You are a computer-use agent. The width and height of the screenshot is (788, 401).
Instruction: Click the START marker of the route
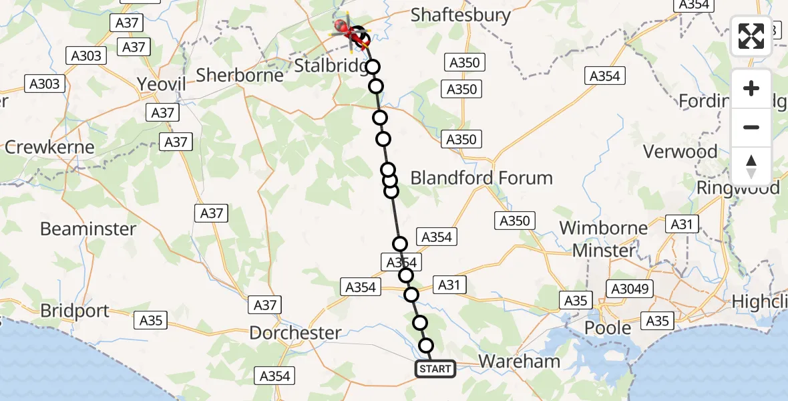tap(435, 368)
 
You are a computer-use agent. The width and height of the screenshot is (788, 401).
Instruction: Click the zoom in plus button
tap(751, 89)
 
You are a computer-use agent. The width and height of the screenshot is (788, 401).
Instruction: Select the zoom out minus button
tap(751, 128)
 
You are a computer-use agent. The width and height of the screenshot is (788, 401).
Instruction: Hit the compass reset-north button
tap(751, 166)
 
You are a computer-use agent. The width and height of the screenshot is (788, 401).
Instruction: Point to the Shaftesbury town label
tap(461, 15)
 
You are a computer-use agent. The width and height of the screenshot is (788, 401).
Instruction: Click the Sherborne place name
tap(240, 74)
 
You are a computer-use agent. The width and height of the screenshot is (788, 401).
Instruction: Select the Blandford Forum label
tap(481, 178)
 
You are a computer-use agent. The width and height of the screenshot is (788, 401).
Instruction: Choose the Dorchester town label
tap(295, 332)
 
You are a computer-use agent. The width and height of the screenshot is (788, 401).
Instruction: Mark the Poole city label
tap(608, 327)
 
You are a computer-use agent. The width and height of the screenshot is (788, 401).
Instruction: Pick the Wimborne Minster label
tap(604, 239)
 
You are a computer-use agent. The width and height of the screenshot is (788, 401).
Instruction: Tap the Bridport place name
tap(74, 311)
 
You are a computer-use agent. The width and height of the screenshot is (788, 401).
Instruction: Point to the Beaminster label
tap(88, 229)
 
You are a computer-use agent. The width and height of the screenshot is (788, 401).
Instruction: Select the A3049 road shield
tap(630, 288)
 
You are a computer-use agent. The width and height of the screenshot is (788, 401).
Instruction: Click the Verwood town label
tap(680, 152)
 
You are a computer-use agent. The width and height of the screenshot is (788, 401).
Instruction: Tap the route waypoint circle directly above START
tap(425, 346)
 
